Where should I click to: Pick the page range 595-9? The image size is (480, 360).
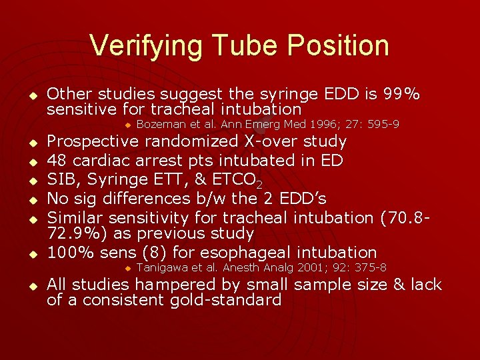(381, 125)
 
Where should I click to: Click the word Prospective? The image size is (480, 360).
(93, 141)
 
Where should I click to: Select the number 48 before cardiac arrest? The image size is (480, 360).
(57, 160)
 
